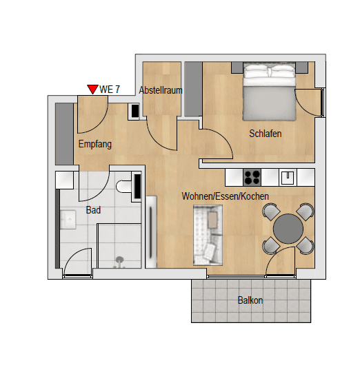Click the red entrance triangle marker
[x=92, y=89]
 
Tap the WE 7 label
[x=110, y=89]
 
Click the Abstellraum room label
[x=160, y=90]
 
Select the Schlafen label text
[x=266, y=134]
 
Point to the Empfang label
[x=95, y=145]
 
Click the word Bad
[x=93, y=210]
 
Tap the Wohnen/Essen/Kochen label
[x=226, y=196]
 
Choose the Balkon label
[x=250, y=300]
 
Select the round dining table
[x=288, y=228]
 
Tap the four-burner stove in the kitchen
[x=252, y=177]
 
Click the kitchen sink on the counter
[x=288, y=177]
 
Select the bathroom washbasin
[x=68, y=220]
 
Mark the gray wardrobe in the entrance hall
[x=64, y=134]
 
